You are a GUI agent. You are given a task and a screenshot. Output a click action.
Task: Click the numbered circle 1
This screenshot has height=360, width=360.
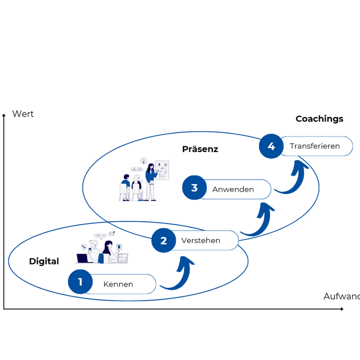pyautogui.click(x=80, y=282)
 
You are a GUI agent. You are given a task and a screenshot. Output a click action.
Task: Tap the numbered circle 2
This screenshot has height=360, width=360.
pyautogui.click(x=163, y=240)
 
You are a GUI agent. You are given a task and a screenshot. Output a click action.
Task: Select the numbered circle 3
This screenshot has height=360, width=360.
pyautogui.click(x=194, y=188)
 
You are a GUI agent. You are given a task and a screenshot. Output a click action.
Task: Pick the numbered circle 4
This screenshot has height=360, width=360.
pyautogui.click(x=271, y=146)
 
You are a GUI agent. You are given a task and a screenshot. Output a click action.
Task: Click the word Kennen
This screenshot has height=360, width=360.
pyautogui.click(x=118, y=284)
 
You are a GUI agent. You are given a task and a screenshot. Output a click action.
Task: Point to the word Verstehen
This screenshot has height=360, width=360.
pyautogui.click(x=200, y=240)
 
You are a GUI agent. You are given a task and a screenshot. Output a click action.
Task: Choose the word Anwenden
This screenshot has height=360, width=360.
pyautogui.click(x=233, y=189)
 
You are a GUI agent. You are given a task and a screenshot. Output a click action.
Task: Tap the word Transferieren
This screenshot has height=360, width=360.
pyautogui.click(x=314, y=146)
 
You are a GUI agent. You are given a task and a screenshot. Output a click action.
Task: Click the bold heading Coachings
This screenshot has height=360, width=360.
pyautogui.click(x=319, y=119)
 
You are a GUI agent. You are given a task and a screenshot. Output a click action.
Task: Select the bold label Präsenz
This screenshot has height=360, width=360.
pyautogui.click(x=200, y=149)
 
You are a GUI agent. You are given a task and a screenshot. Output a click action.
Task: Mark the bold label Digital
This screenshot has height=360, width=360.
pyautogui.click(x=44, y=261)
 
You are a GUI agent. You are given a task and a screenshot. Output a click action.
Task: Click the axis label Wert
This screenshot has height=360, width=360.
pyautogui.click(x=23, y=114)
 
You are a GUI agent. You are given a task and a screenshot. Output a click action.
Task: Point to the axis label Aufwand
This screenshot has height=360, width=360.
pyautogui.click(x=341, y=296)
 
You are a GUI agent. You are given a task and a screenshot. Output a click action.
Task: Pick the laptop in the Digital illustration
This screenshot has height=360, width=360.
pyautogui.click(x=83, y=258)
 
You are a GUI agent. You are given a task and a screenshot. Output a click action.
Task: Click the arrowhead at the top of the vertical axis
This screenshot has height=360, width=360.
pyautogui.click(x=4, y=115)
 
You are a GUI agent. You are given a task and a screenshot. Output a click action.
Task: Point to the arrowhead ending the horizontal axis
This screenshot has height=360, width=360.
pyautogui.click(x=342, y=309)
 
